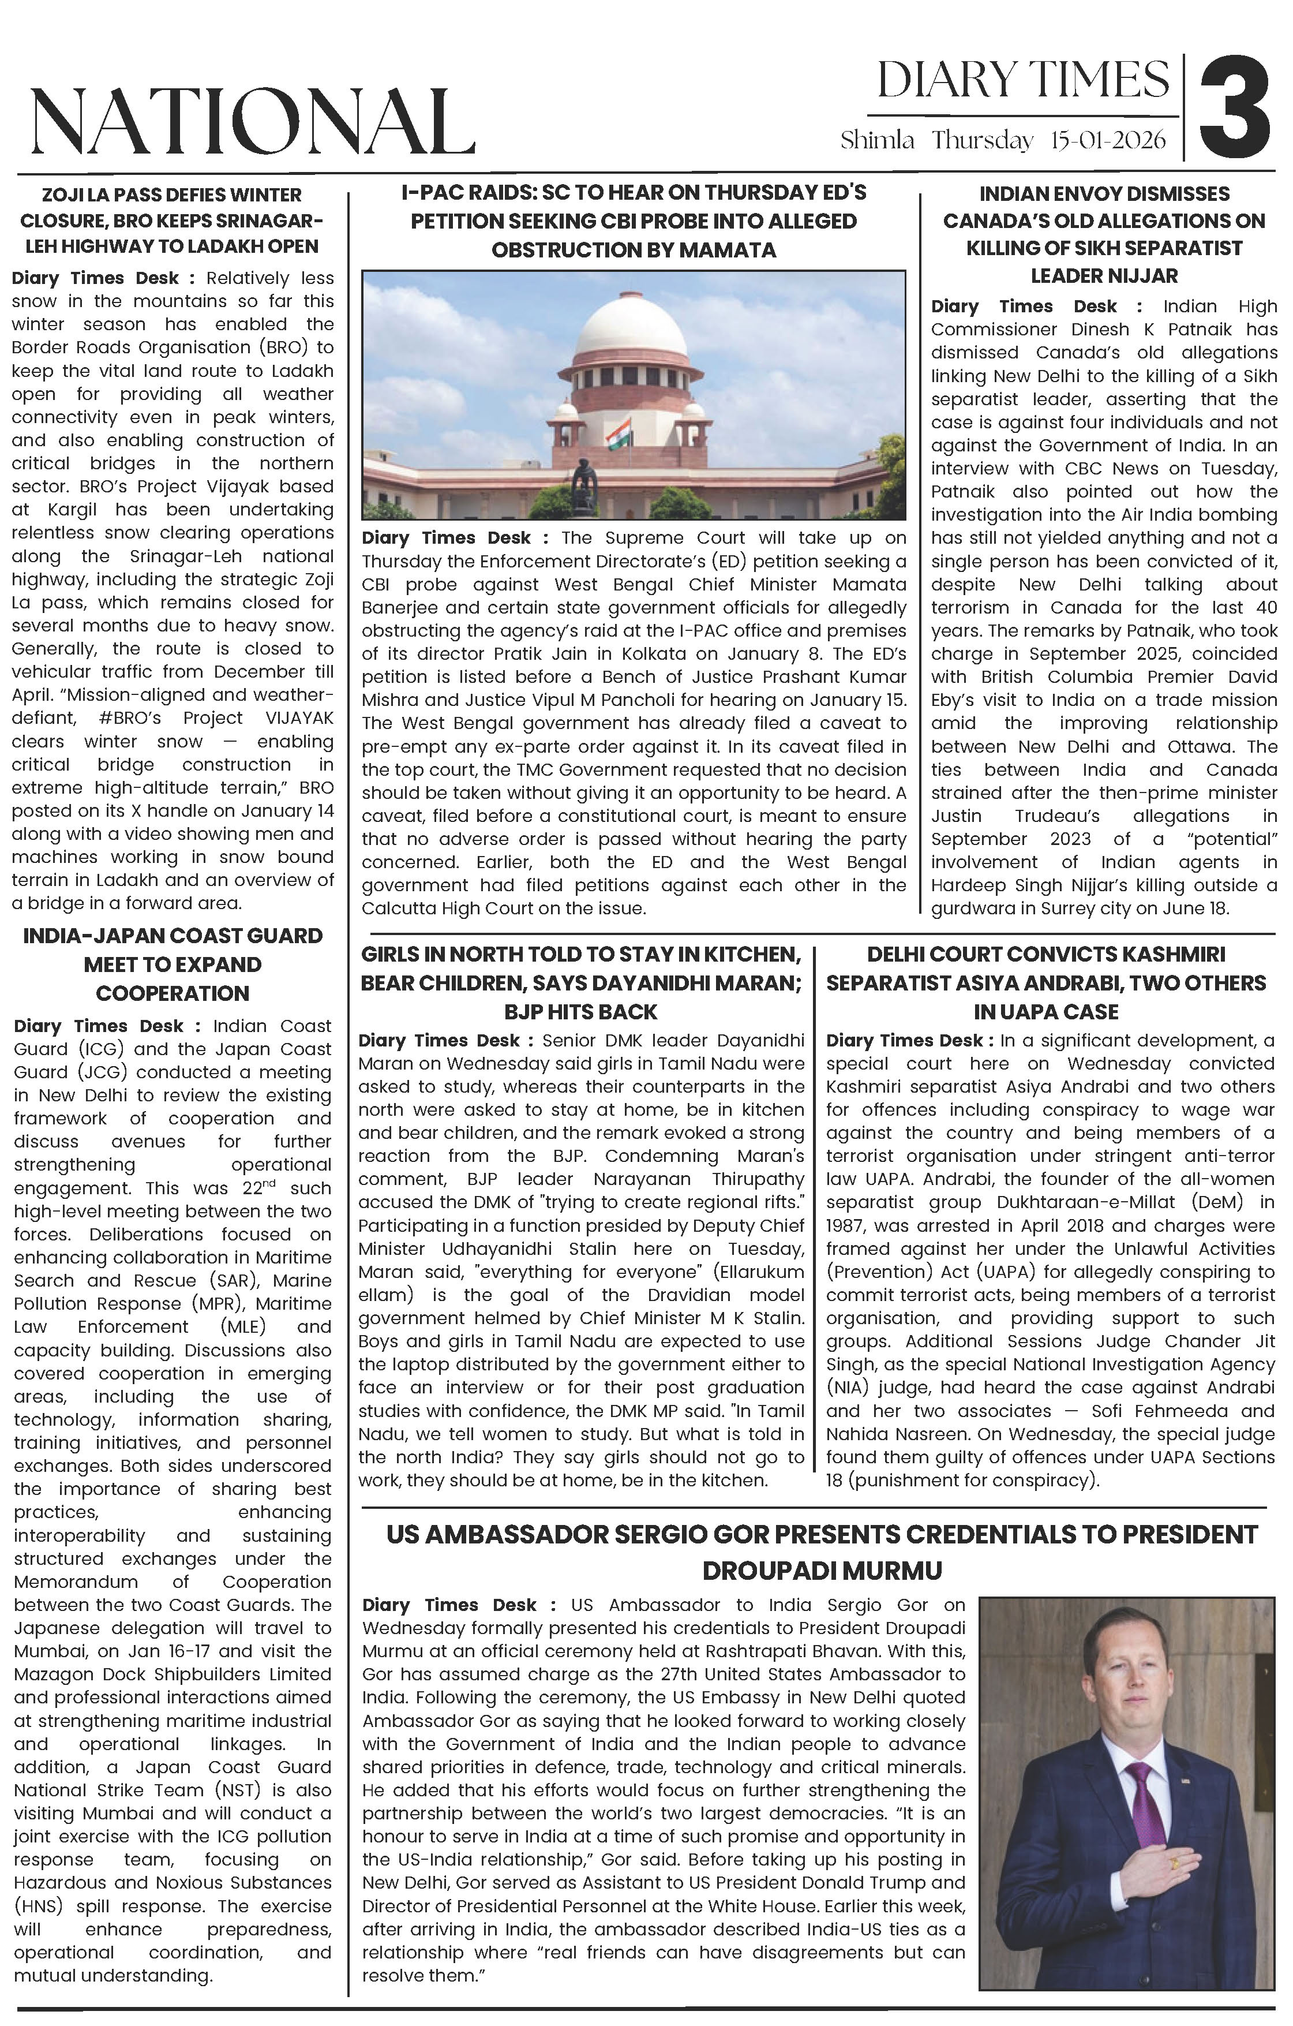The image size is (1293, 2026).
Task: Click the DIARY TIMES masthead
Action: tap(1022, 81)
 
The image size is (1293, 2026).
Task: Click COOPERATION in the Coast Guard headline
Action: tap(173, 993)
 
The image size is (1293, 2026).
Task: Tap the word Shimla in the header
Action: tap(876, 140)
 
